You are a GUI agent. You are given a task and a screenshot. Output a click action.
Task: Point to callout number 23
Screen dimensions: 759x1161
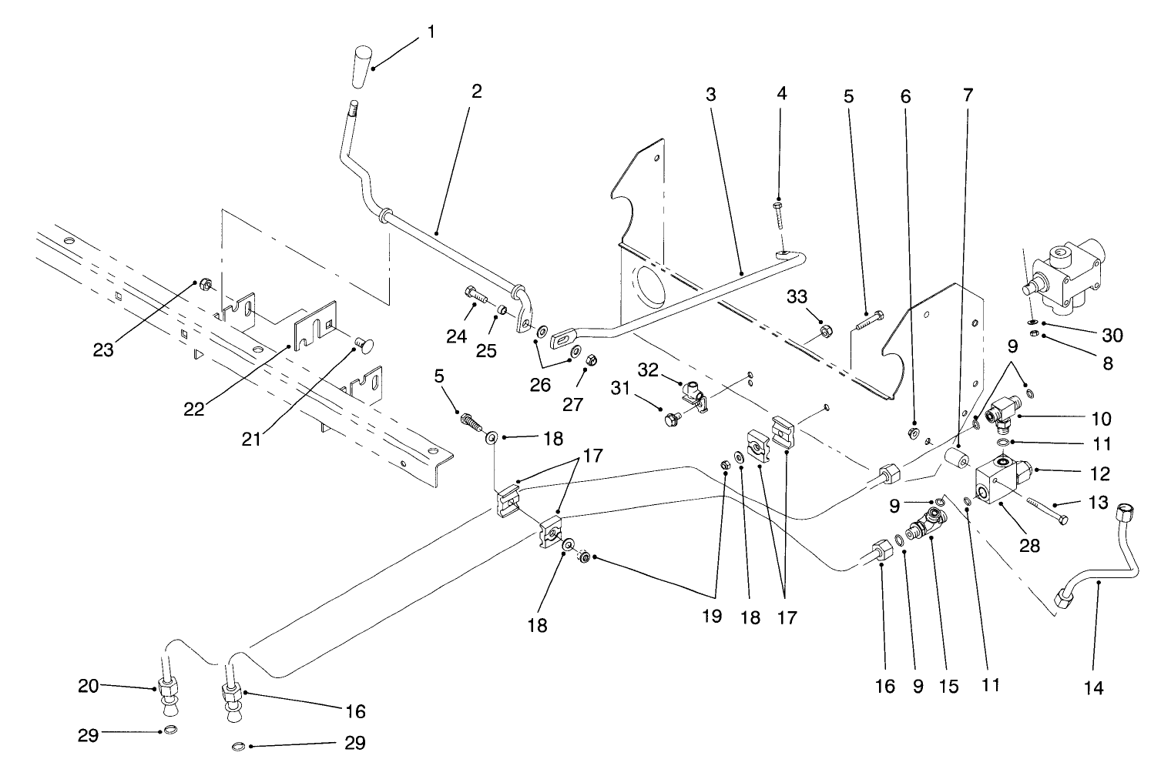103,349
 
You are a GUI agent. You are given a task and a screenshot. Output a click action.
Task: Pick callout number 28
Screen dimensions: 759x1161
1030,545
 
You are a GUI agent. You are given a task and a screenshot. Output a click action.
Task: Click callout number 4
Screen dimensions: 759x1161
782,95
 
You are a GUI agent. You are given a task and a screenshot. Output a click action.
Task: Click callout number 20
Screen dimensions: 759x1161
89,685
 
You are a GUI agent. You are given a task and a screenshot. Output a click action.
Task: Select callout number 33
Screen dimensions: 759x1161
797,295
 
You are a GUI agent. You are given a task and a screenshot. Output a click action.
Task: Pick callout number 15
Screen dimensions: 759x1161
949,686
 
